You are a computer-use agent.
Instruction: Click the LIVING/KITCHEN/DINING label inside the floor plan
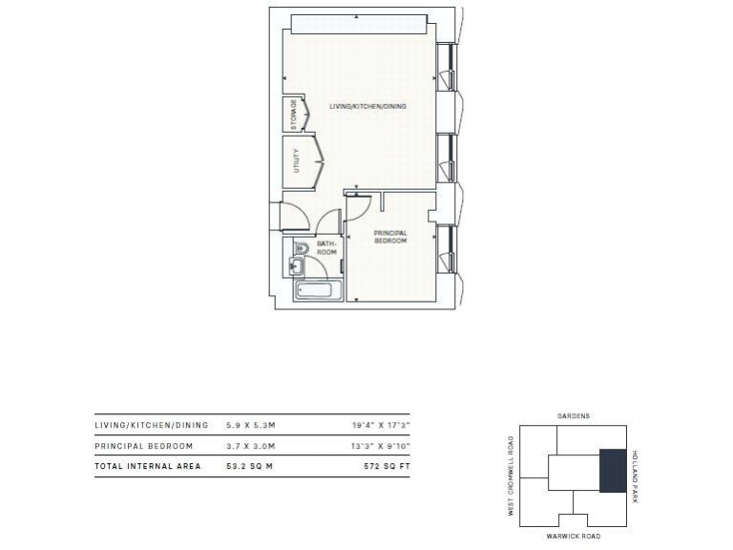tap(367, 106)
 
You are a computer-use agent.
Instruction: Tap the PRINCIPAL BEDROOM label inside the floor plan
tap(390, 237)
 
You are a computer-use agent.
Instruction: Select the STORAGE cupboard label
tap(294, 116)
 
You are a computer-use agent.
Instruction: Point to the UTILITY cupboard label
tap(297, 159)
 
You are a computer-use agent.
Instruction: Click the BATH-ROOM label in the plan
tap(327, 248)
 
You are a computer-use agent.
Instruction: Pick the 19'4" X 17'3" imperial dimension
tap(381, 425)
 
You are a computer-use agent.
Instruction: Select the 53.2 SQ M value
tap(250, 466)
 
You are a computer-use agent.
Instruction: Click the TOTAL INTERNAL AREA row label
tap(148, 466)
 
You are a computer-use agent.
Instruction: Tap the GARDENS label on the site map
tap(573, 416)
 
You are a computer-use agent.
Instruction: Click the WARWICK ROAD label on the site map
tap(573, 537)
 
